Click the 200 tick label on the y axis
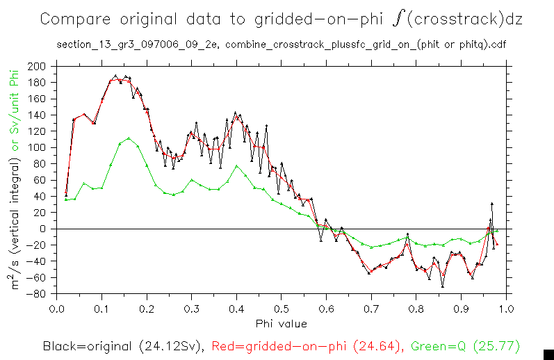(37, 67)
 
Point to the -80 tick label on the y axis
(35, 294)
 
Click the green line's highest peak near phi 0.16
(129, 138)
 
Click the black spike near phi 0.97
(492, 204)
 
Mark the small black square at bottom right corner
(548, 354)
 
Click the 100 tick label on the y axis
(37, 148)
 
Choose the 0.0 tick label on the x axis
(57, 308)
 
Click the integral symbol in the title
(398, 19)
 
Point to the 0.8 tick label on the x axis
(416, 308)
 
